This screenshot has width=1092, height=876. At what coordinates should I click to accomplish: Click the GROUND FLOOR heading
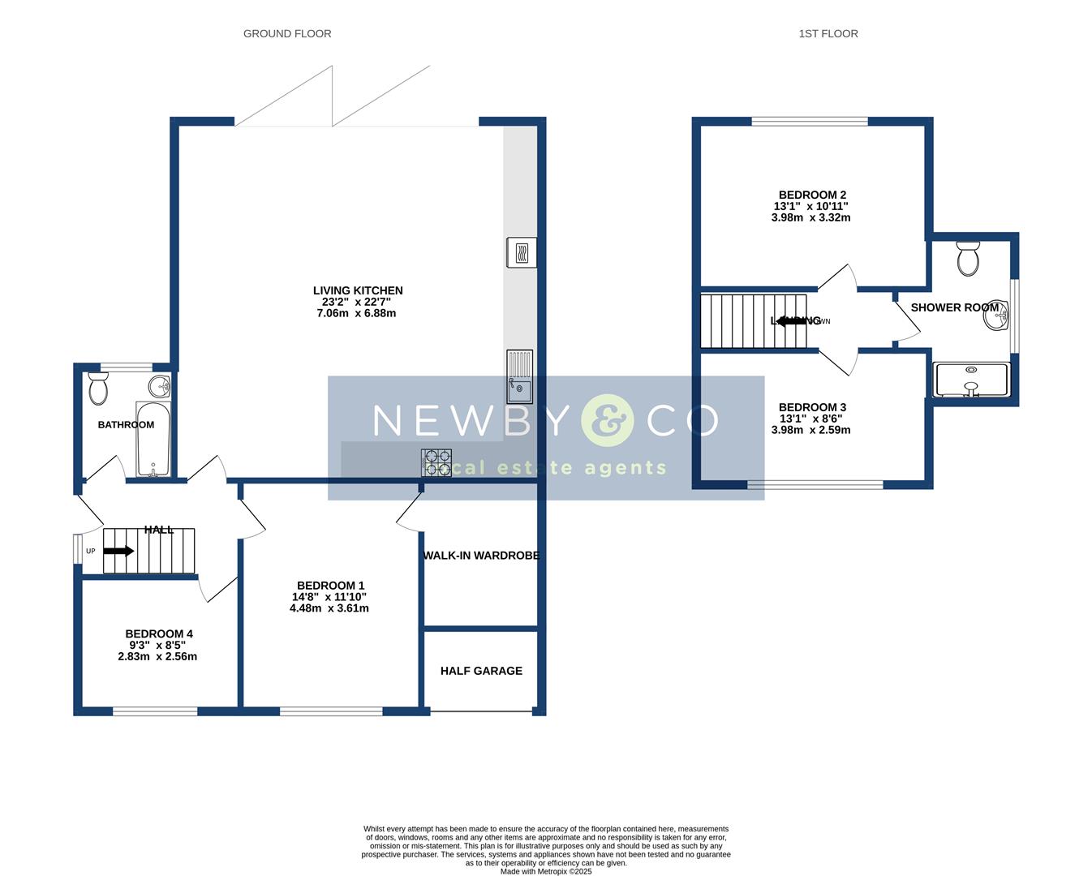(x=287, y=34)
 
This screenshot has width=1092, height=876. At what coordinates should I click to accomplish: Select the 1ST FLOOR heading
(x=828, y=34)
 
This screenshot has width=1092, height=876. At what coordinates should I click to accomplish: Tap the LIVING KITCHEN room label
(x=358, y=290)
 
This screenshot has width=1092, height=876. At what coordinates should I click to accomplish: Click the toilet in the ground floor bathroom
(x=98, y=389)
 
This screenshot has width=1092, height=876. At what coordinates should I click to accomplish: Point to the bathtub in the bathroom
(x=153, y=439)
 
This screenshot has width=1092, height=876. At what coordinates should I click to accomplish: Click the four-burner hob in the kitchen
(x=436, y=462)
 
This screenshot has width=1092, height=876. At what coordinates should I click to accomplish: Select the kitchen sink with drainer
(x=519, y=376)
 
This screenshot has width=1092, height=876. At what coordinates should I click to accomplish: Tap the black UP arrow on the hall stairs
(x=118, y=552)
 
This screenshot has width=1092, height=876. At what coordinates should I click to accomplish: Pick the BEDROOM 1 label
(x=330, y=586)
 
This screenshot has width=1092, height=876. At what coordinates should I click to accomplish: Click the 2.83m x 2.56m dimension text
(x=157, y=657)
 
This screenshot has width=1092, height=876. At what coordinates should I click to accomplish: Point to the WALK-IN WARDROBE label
(x=481, y=556)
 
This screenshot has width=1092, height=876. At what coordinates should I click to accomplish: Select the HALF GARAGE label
(x=481, y=671)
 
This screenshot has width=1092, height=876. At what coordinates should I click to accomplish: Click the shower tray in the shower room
(x=971, y=380)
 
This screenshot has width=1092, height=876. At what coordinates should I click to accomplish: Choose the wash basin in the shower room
(x=996, y=317)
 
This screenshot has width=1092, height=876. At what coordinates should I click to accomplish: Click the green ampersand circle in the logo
(x=608, y=420)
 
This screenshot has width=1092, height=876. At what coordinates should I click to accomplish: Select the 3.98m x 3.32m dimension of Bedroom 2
(x=810, y=217)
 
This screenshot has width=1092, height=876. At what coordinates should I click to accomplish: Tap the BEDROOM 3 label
(x=812, y=407)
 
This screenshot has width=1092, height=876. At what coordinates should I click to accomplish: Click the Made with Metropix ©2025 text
(x=546, y=872)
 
